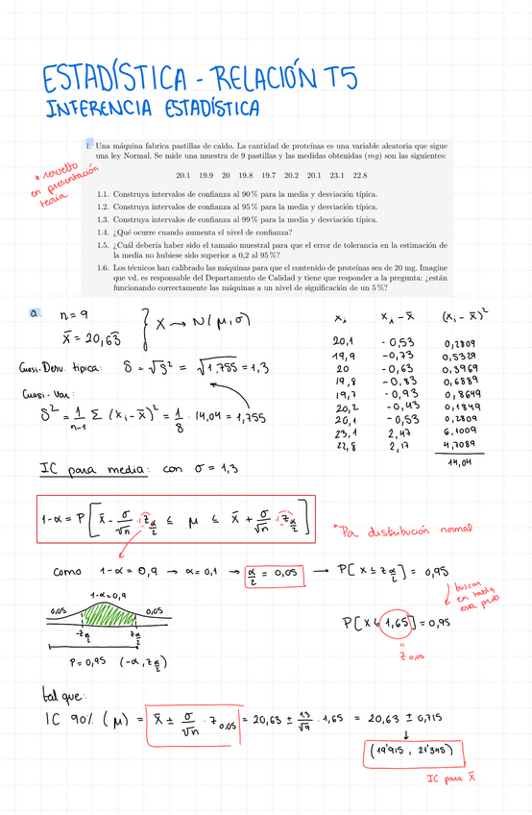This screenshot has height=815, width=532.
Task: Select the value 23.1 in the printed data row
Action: coord(336,176)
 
